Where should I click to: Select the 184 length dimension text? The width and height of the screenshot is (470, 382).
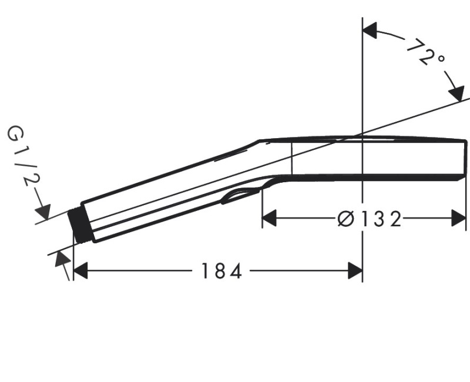221,271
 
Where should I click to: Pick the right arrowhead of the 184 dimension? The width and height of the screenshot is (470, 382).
355,271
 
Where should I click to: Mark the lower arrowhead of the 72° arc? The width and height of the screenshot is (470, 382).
455,92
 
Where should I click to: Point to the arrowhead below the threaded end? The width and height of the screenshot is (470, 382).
61,259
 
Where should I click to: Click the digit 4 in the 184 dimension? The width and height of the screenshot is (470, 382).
235,271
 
